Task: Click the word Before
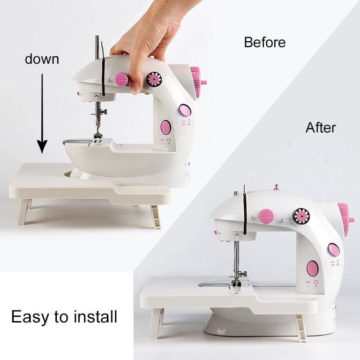(264, 42)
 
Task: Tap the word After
(321, 127)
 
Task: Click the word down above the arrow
(42, 59)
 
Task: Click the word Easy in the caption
(30, 317)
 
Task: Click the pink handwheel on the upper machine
(197, 81)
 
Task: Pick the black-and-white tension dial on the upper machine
(154, 79)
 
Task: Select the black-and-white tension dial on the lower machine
(301, 216)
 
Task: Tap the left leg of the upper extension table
(24, 211)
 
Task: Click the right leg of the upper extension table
(155, 217)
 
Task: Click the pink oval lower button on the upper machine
(165, 127)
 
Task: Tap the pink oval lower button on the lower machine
(313, 269)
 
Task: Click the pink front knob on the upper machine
(122, 79)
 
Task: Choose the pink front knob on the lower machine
(266, 216)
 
